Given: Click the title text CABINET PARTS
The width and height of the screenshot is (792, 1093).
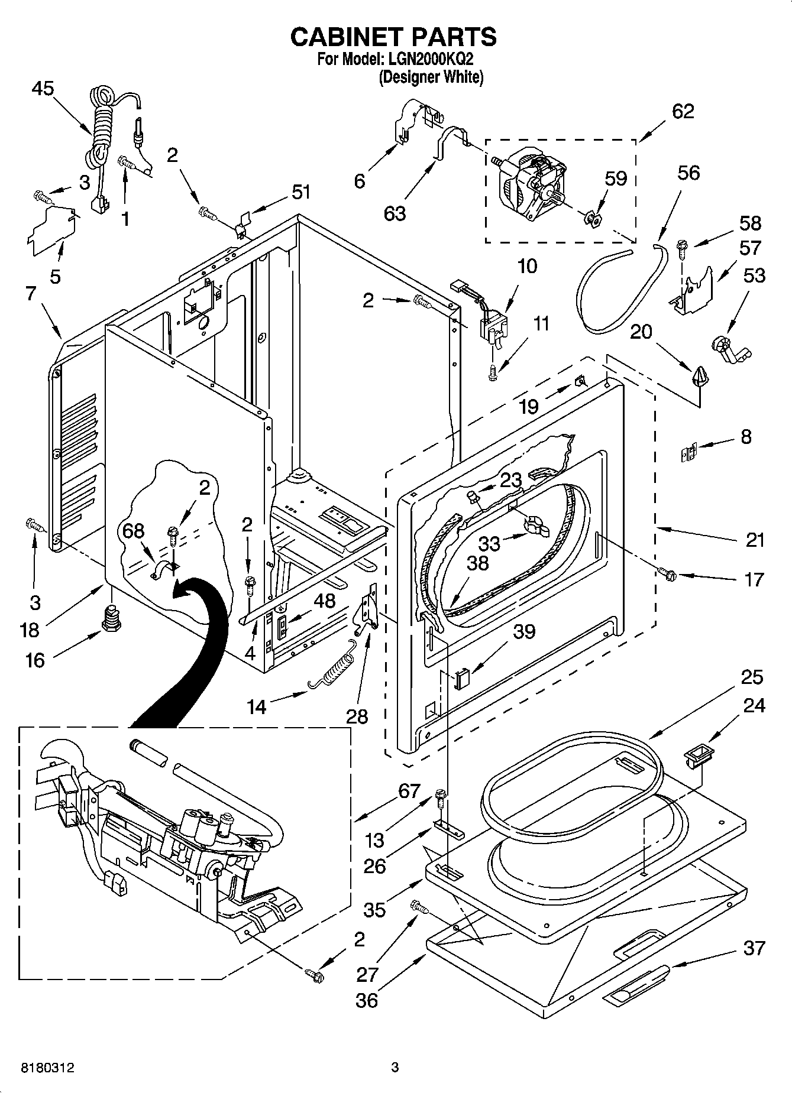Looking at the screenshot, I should click(x=393, y=37).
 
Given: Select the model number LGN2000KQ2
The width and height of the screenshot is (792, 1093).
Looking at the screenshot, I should click(x=429, y=60).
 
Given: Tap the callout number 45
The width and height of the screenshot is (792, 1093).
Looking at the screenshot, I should click(x=43, y=89).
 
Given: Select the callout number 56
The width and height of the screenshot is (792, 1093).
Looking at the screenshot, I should click(x=688, y=173).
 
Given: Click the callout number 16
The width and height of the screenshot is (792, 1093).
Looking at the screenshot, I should click(x=35, y=660).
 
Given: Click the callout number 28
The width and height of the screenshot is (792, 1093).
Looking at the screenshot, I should click(x=357, y=716).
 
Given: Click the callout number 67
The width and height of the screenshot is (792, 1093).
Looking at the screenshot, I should click(x=409, y=791).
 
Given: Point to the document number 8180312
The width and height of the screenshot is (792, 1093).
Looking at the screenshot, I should click(x=48, y=1068).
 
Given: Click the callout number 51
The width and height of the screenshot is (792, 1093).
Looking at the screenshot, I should click(x=300, y=192).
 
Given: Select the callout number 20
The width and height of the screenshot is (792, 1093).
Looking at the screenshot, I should click(x=641, y=332).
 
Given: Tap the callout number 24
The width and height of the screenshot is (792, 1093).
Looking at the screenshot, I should click(x=754, y=705).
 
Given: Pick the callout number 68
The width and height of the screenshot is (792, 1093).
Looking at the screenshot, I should click(x=133, y=531).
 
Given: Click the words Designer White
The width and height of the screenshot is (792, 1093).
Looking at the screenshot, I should click(x=431, y=77).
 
